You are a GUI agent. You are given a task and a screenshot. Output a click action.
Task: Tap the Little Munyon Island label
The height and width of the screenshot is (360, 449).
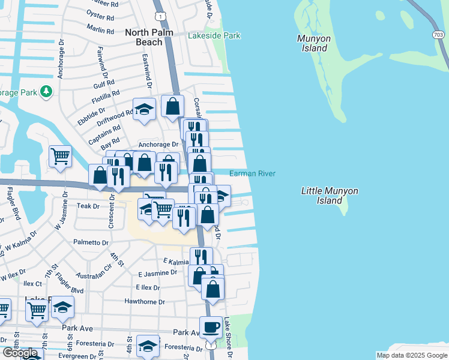click(330, 196)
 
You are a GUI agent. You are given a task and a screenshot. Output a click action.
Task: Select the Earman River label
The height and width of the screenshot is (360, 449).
click(252, 174)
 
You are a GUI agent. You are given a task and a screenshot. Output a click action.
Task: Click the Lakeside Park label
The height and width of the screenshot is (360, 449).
click(214, 36)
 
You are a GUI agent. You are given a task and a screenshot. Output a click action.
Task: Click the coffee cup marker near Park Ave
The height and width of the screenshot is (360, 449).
click(211, 328)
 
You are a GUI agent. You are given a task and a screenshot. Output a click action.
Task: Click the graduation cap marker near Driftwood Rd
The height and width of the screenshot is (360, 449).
click(144, 109)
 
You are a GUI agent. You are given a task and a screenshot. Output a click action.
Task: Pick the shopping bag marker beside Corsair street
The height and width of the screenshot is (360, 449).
click(172, 106)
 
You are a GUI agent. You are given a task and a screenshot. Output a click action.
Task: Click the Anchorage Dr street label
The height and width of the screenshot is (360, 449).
click(158, 145)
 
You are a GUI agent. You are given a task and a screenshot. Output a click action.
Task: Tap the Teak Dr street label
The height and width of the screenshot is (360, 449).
click(88, 206)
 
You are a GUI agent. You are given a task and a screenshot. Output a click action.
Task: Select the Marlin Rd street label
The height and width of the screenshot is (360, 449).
click(100, 29)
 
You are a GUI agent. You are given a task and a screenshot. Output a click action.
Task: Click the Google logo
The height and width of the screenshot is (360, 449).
click(20, 353)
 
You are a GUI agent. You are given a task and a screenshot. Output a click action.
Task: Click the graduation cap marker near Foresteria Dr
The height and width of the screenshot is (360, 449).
click(148, 346)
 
